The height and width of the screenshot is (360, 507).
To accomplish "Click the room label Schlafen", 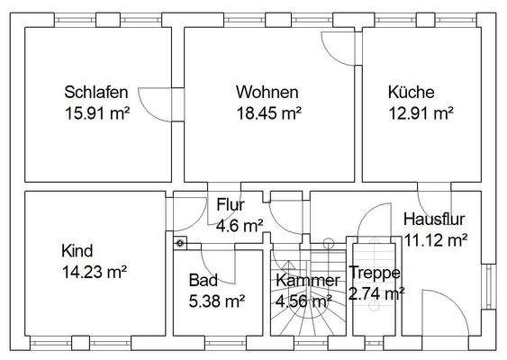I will click(x=95, y=92).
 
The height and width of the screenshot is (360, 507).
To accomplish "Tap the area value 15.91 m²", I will click(x=97, y=113).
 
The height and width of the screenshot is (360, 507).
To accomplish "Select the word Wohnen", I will click(x=267, y=92).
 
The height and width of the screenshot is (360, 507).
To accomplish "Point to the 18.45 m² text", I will click(x=268, y=113).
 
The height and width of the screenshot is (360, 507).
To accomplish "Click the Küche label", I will click(x=412, y=92).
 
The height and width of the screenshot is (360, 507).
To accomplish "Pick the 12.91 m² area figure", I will click(x=420, y=113).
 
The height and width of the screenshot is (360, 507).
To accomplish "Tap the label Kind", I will click(x=77, y=250).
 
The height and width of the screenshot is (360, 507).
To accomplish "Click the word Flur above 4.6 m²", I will click(x=231, y=204).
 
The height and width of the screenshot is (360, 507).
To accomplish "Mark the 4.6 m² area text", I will click(x=240, y=226).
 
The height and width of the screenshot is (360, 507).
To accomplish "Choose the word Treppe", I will click(x=375, y=272).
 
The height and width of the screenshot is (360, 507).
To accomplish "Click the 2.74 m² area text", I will click(x=377, y=293).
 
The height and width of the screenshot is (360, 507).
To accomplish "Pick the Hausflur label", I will click(x=434, y=219).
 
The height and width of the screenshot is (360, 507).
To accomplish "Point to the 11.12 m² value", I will click(x=437, y=239).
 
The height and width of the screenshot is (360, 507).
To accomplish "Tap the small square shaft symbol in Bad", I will click(x=180, y=240).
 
